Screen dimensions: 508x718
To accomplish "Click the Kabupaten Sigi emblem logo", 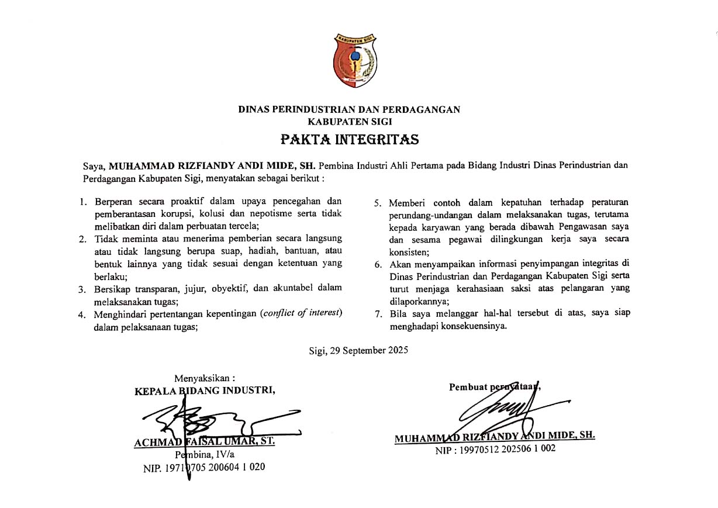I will [355, 61].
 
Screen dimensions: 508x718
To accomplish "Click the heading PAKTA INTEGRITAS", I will [350, 140].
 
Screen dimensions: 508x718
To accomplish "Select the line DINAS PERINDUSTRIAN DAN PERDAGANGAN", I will [349, 109].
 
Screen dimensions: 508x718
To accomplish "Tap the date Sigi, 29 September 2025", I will [358, 351].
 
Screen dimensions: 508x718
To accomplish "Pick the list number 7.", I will [378, 313].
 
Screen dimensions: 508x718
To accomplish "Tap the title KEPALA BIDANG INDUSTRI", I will [205, 391].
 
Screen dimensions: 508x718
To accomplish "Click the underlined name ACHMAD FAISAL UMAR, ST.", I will [204, 442].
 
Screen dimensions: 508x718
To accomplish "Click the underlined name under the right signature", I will [495, 436].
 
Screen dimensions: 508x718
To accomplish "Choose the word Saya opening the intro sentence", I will [94, 165].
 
